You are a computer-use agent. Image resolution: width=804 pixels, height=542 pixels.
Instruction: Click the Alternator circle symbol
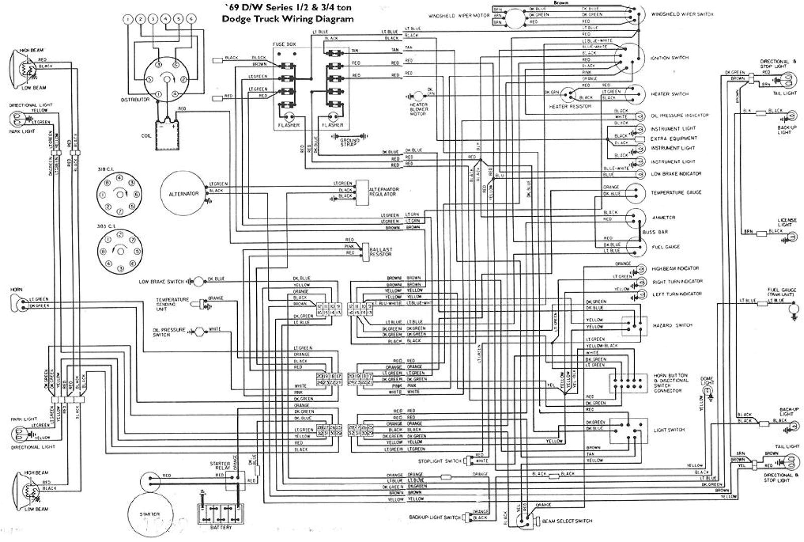tap(183, 194)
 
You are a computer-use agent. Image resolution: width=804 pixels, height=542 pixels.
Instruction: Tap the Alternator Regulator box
tap(362, 193)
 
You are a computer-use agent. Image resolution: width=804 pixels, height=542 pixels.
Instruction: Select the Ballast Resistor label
tap(380, 252)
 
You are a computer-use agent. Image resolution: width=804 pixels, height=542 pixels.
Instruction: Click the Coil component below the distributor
tap(166, 135)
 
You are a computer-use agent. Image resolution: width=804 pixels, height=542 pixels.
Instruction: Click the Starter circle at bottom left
tap(150, 514)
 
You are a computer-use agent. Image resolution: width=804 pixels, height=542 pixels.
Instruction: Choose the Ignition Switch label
tap(669, 58)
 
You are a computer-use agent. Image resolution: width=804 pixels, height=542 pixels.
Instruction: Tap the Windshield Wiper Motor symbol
tap(514, 17)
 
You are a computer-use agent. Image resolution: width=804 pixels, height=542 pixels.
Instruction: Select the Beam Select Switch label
tap(567, 521)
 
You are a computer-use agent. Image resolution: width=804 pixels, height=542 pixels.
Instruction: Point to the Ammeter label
tap(663, 217)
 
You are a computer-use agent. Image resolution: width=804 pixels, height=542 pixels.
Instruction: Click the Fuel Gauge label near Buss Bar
tap(665, 247)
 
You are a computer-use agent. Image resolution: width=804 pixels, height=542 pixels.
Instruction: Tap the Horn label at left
tap(16, 290)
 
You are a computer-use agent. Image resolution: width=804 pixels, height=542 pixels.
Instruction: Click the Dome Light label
tap(707, 381)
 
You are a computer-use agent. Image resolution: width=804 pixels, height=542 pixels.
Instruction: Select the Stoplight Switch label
tap(439, 461)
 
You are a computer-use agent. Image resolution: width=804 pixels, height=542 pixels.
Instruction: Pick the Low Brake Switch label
tap(161, 282)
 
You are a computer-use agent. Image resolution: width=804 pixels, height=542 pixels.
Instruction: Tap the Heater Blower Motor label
tap(419, 109)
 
